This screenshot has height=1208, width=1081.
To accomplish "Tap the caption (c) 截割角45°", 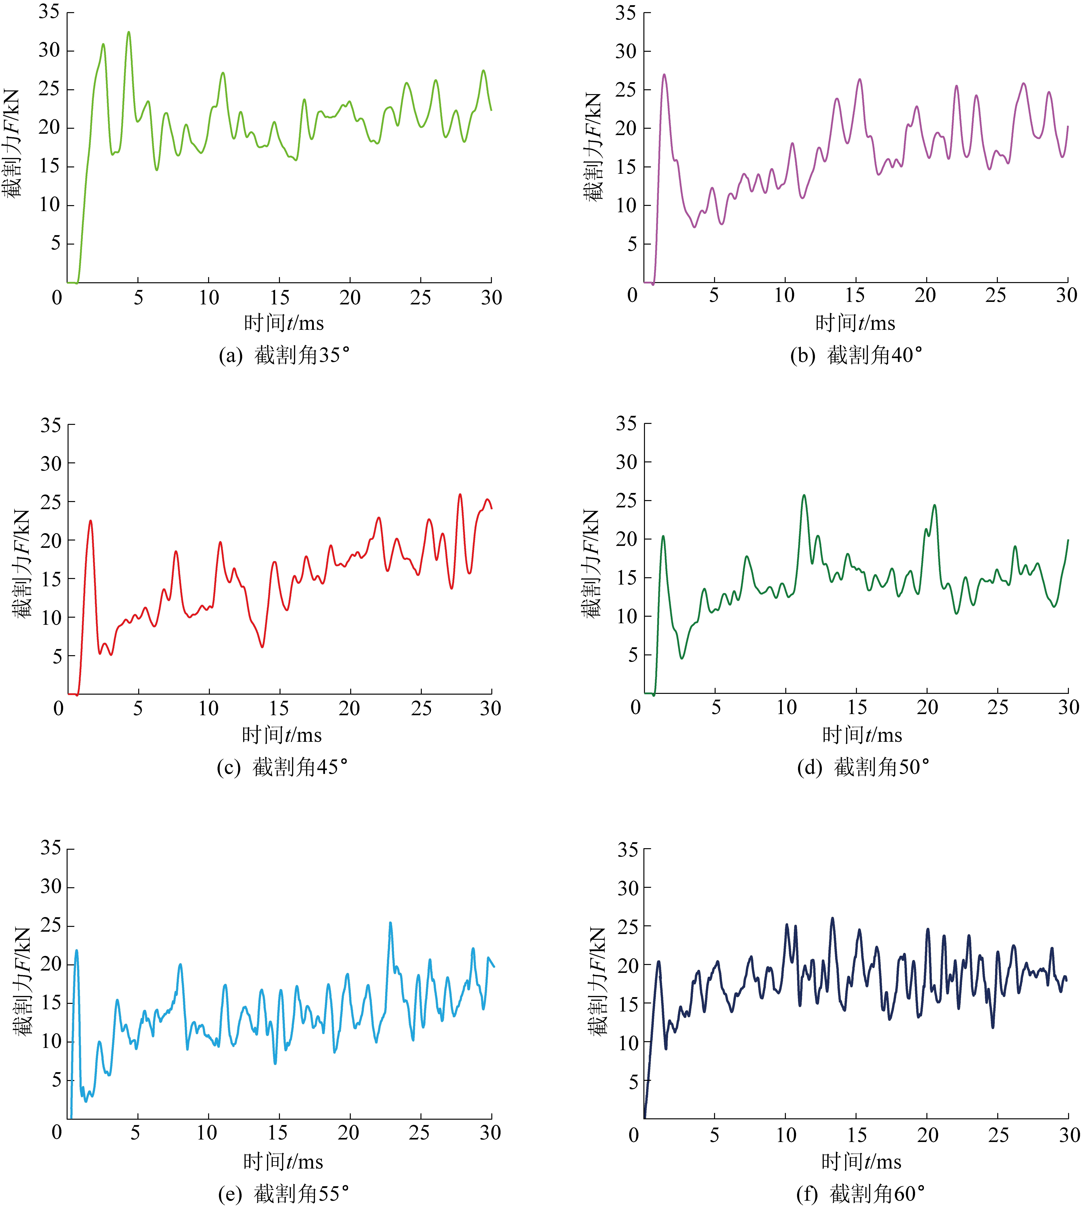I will pos(282,768).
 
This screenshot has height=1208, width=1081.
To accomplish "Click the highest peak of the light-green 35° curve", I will pos(128,33).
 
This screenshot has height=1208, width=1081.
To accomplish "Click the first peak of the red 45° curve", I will pos(91,521).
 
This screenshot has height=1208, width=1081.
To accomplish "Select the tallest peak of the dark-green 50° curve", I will pos(804,496).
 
